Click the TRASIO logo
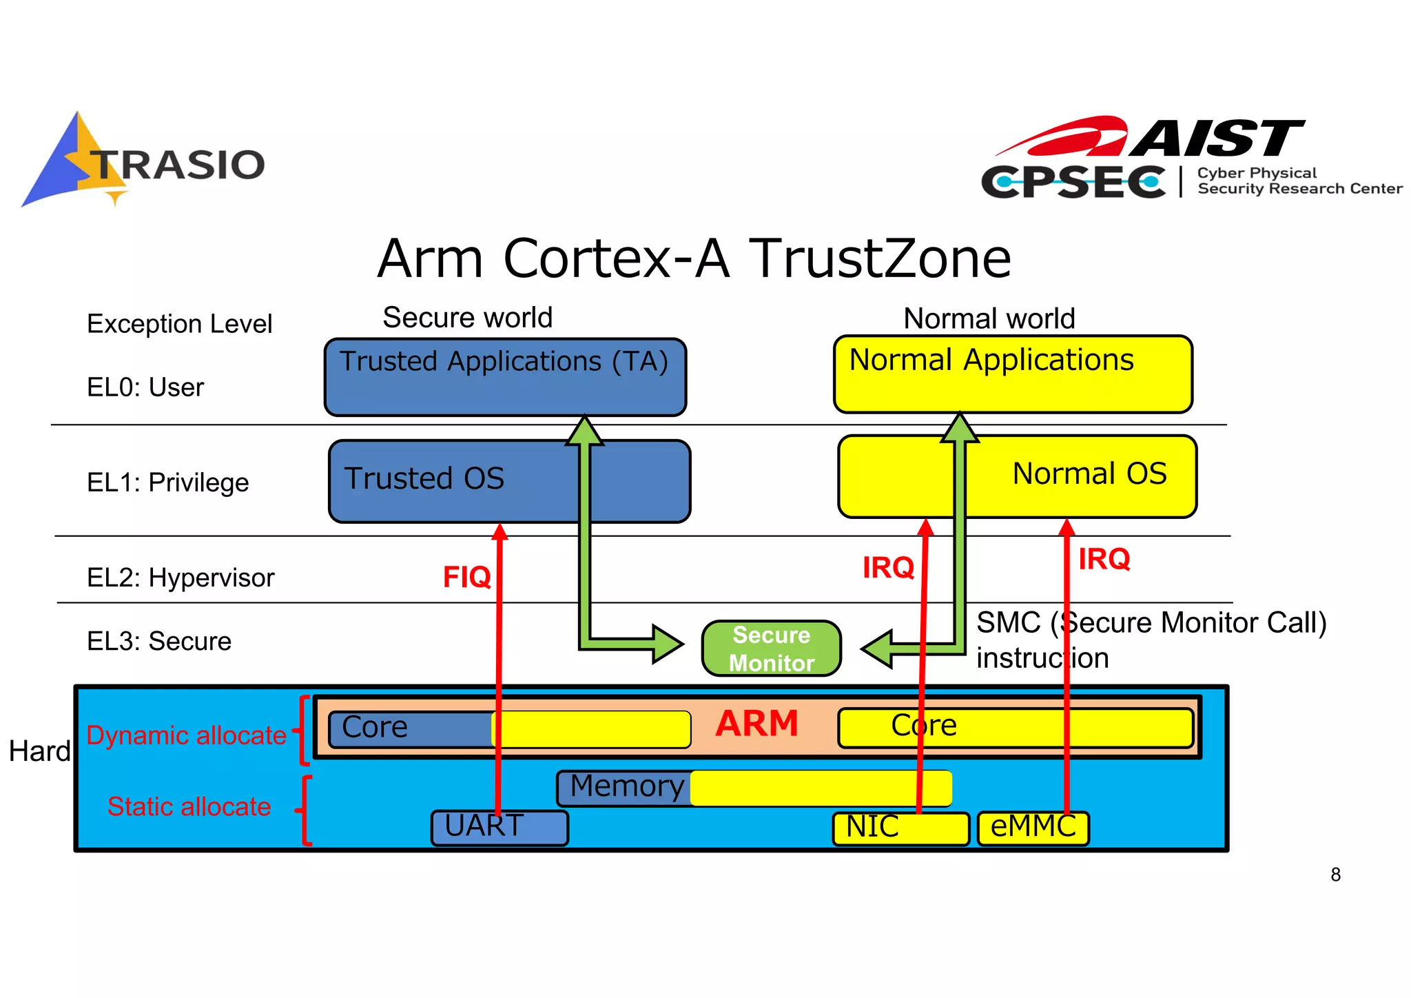click(x=143, y=162)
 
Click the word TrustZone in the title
click(x=880, y=258)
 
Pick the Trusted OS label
click(x=424, y=478)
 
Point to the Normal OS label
click(x=1089, y=473)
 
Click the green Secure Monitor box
click(x=771, y=649)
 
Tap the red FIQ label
click(x=466, y=577)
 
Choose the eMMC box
click(x=1032, y=827)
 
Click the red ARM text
click(x=756, y=724)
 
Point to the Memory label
click(x=627, y=786)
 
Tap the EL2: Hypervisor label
click(x=181, y=578)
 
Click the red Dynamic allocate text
click(x=186, y=735)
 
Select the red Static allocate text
click(x=189, y=806)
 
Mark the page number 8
click(x=1335, y=875)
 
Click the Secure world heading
click(x=467, y=318)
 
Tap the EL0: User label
click(x=145, y=387)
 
